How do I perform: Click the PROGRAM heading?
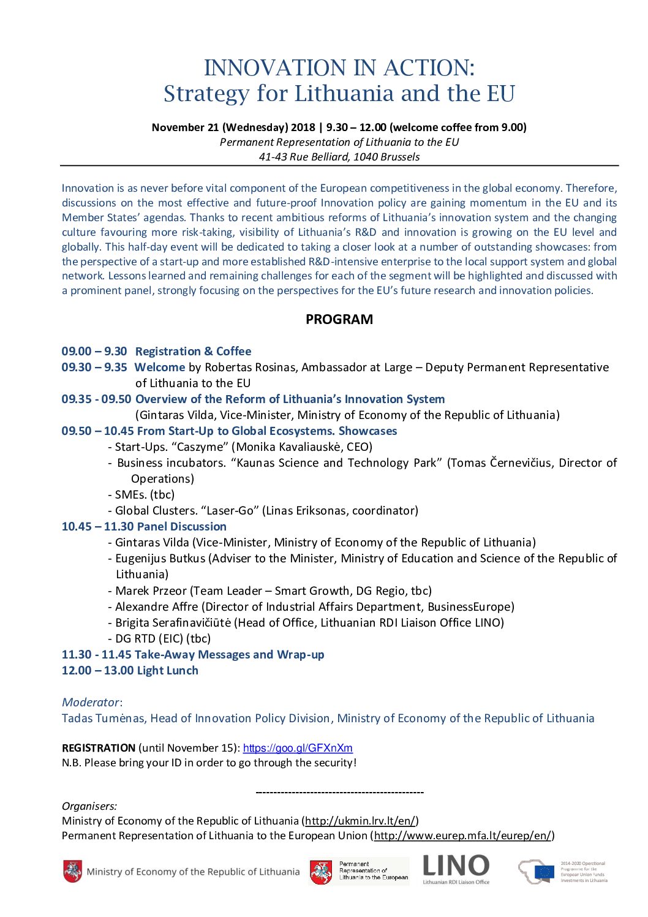click(339, 319)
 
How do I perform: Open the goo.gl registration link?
click(298, 748)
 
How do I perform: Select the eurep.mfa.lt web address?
click(462, 836)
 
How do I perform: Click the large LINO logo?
click(456, 867)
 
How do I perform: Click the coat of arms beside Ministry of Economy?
click(72, 871)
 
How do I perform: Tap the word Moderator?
click(91, 702)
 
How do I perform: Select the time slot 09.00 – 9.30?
click(94, 351)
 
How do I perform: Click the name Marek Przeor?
click(151, 591)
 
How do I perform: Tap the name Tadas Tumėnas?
click(104, 718)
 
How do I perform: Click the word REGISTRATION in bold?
click(99, 748)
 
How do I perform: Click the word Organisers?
click(89, 806)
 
